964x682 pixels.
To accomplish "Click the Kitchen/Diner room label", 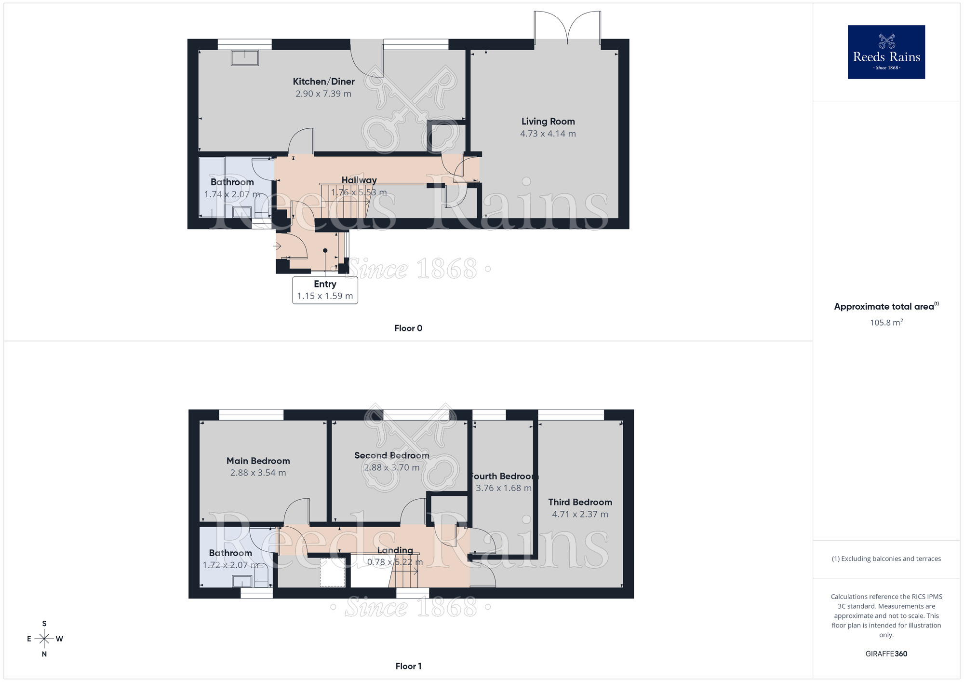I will click(323, 82).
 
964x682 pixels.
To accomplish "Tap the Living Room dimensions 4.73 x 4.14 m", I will click(548, 134).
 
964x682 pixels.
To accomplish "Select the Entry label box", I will click(325, 290).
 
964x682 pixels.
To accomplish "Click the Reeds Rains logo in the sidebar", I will click(886, 52).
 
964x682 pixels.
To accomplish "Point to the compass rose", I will click(44, 639).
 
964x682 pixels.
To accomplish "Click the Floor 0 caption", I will click(408, 328).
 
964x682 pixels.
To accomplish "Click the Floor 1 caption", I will click(408, 666).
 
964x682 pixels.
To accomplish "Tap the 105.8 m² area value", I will click(886, 323).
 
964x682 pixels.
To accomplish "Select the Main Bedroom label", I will click(258, 461).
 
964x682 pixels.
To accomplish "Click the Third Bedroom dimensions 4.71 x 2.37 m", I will click(580, 514).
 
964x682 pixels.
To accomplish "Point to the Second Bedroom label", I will click(391, 455).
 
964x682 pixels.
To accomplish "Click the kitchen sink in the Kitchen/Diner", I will click(245, 58).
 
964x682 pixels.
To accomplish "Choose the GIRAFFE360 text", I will click(886, 654).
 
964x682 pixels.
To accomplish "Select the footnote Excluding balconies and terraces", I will click(886, 559).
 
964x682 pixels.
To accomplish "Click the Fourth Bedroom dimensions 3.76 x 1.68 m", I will click(503, 488).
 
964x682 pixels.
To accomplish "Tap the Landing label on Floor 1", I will click(395, 550).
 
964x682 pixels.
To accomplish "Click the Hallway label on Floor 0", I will click(359, 180).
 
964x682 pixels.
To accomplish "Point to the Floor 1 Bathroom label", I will click(230, 553).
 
